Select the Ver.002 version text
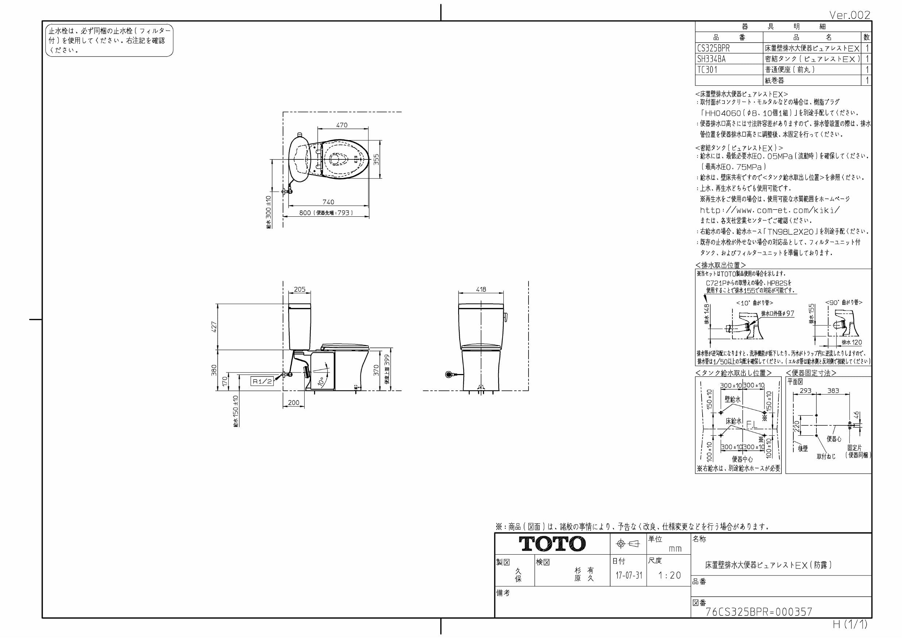tap(849, 15)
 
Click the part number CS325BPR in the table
tap(713, 48)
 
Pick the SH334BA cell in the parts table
tap(711, 59)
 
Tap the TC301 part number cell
tap(708, 70)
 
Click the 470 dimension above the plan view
tap(342, 125)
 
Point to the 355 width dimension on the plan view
tap(376, 159)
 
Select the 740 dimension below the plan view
tap(328, 202)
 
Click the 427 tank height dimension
tap(214, 327)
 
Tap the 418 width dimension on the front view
tap(481, 289)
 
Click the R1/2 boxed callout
tap(262, 381)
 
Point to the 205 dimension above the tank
tap(299, 289)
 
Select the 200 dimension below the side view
tap(294, 402)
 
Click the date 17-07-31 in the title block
tap(629, 575)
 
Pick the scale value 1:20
tap(670, 575)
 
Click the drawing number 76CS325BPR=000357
tap(759, 612)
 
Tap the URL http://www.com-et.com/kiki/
tap(769, 210)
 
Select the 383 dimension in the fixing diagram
tap(833, 390)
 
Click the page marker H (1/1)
tap(850, 625)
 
